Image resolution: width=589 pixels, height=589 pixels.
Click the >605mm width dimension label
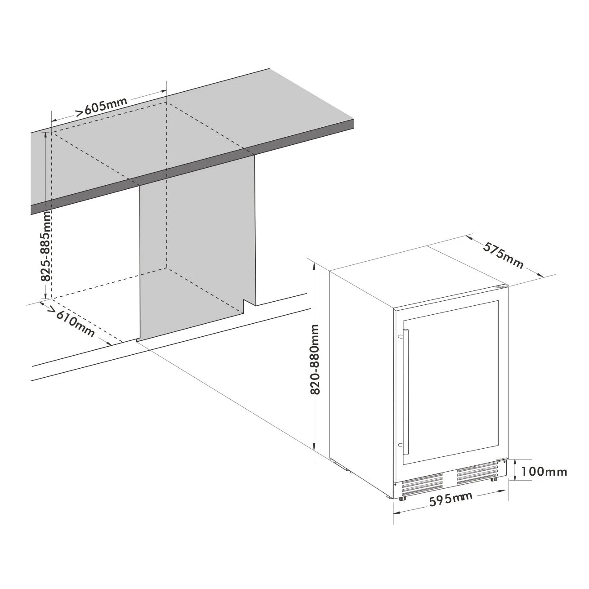tap(102, 107)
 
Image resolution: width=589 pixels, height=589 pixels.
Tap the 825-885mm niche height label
tap(46, 246)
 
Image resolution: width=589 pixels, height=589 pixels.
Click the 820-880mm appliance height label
tap(315, 364)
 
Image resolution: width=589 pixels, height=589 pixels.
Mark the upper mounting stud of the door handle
tap(401, 336)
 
